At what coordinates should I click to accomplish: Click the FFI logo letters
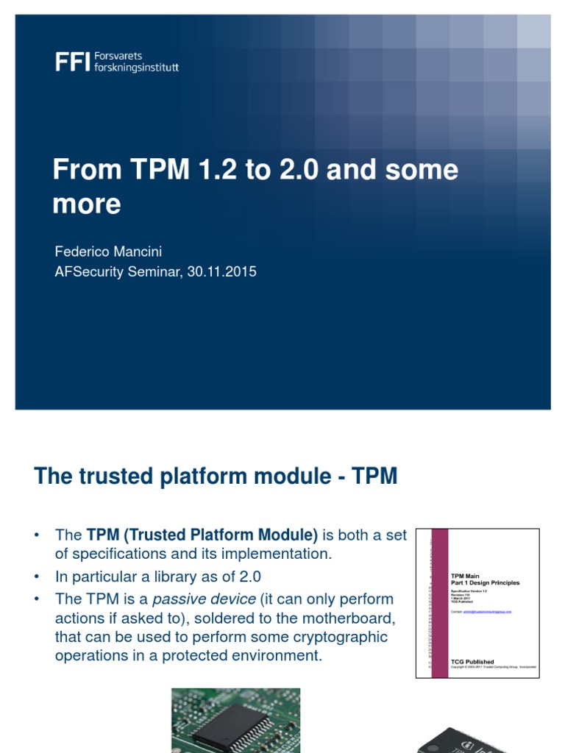click(x=71, y=63)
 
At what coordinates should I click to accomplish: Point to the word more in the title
click(x=86, y=204)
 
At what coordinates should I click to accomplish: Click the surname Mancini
click(x=136, y=251)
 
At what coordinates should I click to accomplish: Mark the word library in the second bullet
click(x=177, y=577)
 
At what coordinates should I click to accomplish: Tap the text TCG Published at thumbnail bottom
click(x=472, y=662)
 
